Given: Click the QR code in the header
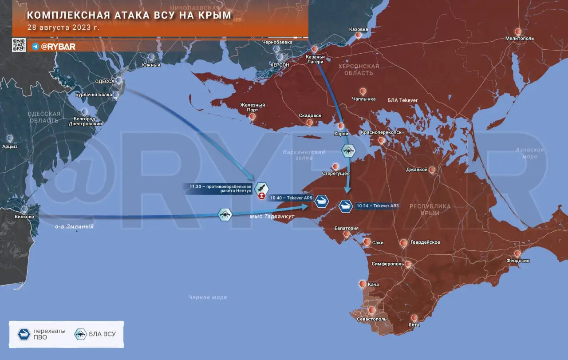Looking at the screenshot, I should [19, 45].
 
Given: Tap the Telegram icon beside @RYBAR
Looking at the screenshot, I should [35, 47].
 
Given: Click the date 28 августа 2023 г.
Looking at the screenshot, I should [63, 27].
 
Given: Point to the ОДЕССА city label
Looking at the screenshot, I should [105, 82].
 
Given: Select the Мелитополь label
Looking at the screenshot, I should [519, 39].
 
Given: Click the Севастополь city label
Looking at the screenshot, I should [372, 319].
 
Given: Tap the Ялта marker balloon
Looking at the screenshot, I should [414, 318].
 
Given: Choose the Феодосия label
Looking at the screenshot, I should [519, 261].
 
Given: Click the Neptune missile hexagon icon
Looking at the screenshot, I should [262, 188].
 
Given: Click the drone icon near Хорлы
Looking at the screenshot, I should [348, 150].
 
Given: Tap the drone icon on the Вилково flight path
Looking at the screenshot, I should [225, 214].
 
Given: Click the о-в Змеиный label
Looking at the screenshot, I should [74, 226].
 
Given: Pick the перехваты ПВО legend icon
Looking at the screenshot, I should [24, 334].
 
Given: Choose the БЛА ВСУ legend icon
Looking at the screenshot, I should [81, 334].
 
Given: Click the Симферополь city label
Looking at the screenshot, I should [387, 264].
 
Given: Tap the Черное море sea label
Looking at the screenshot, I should [207, 297].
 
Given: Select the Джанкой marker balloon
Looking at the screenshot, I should [432, 170].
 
